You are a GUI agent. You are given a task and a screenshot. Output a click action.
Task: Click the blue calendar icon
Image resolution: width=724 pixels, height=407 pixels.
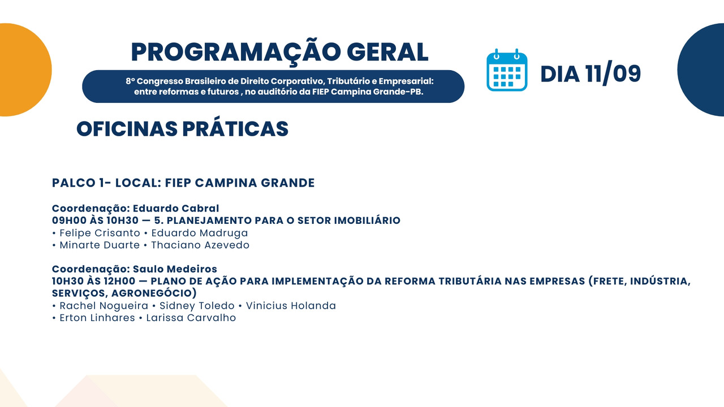point(507,70)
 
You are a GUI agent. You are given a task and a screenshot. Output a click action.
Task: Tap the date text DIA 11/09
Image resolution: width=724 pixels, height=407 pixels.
point(591,73)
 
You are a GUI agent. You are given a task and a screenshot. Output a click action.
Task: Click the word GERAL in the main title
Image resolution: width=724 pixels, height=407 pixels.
point(387,53)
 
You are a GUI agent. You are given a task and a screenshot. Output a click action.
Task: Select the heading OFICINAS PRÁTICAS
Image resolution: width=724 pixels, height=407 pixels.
point(182,129)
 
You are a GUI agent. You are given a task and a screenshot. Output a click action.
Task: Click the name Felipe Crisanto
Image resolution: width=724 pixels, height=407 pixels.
point(100,233)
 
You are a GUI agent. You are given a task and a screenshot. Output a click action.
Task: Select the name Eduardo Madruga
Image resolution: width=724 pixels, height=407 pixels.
point(200,233)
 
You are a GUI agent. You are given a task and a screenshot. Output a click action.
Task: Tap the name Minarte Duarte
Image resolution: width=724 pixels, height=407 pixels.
point(100,245)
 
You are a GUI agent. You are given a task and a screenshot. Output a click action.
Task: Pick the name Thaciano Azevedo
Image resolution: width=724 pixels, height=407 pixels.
point(200,245)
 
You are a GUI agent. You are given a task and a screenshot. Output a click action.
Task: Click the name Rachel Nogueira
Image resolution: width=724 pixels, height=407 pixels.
point(104,306)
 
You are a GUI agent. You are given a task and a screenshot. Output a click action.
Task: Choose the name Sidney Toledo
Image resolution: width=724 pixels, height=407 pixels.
point(197,306)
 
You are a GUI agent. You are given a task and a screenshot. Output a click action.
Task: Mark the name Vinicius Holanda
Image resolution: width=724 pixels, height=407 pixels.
point(291,306)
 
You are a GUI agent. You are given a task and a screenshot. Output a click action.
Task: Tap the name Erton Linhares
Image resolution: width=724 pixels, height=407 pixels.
point(97,318)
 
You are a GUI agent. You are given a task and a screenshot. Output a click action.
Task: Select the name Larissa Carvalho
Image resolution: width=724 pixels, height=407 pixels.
point(191,318)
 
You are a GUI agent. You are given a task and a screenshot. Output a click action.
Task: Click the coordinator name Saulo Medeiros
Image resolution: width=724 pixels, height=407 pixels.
point(175,269)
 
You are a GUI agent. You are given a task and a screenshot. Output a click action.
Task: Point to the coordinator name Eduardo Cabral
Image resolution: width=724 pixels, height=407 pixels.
point(176,209)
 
